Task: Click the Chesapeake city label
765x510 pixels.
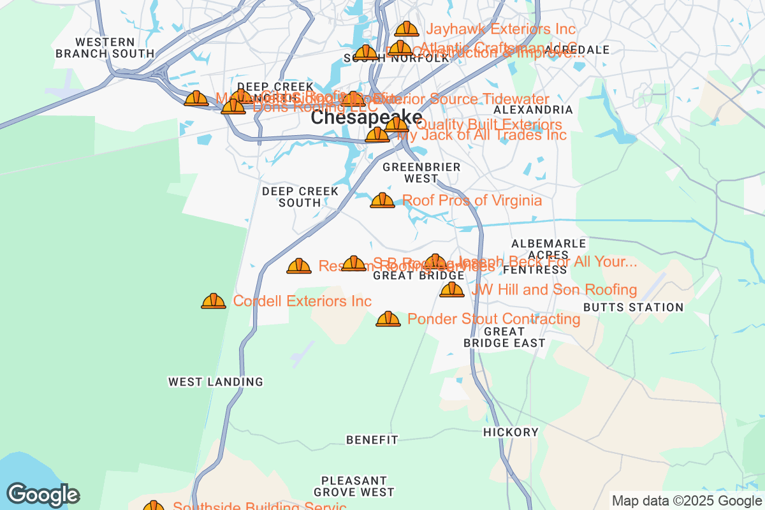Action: (366, 118)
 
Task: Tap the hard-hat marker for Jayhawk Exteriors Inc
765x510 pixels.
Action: (407, 29)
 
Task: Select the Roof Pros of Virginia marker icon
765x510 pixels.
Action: (382, 201)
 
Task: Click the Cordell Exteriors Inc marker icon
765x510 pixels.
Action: (214, 302)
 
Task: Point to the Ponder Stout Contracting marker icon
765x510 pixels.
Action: (388, 319)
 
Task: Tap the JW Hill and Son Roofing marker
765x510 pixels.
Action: (452, 290)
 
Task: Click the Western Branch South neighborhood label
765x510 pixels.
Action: (105, 48)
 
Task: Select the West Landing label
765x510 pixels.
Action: (215, 382)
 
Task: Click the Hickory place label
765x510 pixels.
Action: (511, 432)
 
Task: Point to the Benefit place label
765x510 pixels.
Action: (372, 440)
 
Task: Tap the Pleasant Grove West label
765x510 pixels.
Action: (354, 486)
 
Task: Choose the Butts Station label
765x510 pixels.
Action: (633, 307)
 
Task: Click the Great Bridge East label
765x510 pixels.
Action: (504, 337)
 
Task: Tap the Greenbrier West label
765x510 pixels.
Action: (421, 173)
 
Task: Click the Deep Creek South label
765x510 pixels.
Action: (300, 197)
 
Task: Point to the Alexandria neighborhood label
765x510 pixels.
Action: (533, 110)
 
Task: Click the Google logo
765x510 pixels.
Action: (43, 495)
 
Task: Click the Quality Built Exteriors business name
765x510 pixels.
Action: (489, 124)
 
